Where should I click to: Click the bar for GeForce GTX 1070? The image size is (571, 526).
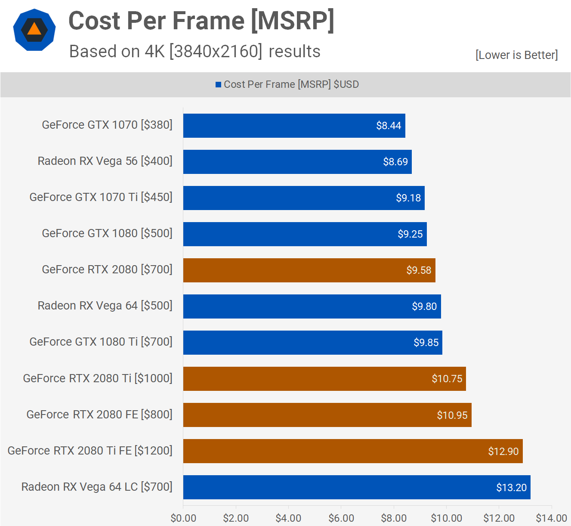click(x=294, y=126)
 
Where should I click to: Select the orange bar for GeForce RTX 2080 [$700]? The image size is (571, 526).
click(x=309, y=270)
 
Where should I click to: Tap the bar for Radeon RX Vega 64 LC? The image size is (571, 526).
click(x=356, y=487)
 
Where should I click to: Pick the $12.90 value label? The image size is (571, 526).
click(x=503, y=452)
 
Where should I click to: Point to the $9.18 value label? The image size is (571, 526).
click(x=408, y=198)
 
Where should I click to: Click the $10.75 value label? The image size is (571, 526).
click(x=447, y=379)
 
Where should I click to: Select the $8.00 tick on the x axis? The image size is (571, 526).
click(x=394, y=518)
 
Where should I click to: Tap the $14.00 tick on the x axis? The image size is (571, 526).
click(x=551, y=518)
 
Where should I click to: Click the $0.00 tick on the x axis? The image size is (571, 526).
click(x=183, y=518)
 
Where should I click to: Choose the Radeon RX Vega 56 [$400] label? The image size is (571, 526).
click(x=105, y=161)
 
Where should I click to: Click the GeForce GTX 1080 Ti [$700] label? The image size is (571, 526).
click(x=101, y=342)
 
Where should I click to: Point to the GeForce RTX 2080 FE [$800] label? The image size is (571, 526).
click(x=99, y=415)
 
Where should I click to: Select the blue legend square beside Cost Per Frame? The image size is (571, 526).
click(x=219, y=85)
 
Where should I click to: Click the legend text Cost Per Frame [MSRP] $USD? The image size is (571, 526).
click(x=291, y=84)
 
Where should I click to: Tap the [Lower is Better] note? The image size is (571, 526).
click(x=516, y=55)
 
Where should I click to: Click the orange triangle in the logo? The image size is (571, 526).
click(x=34, y=30)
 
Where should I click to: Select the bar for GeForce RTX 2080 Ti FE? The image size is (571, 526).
click(x=353, y=451)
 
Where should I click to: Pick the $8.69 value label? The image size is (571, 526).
click(x=395, y=162)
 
